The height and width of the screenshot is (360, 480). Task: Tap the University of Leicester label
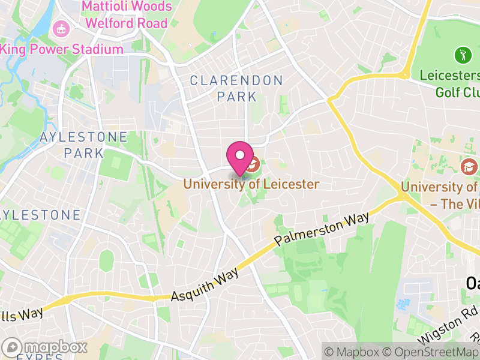pos(251,184)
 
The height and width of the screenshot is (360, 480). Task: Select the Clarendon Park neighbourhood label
pos(236,88)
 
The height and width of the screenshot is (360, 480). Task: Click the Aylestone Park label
pos(83,145)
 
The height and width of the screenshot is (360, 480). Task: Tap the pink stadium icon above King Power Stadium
pos(60,28)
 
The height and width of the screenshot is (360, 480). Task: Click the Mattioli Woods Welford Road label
pos(127,16)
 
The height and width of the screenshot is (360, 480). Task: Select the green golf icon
pos(463,56)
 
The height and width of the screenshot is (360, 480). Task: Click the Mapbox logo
pos(45,347)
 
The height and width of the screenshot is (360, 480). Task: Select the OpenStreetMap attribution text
pos(431,352)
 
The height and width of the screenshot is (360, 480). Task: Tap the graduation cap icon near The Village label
pos(469,166)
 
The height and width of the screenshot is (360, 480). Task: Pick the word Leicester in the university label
pos(290,184)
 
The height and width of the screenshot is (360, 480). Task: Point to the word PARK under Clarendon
pos(236,97)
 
